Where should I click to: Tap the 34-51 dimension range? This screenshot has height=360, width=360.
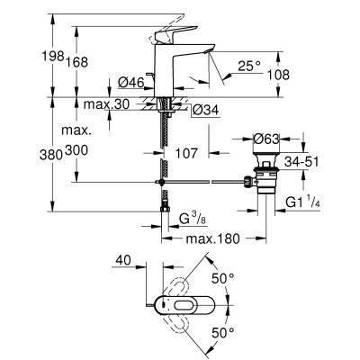point(301,161)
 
